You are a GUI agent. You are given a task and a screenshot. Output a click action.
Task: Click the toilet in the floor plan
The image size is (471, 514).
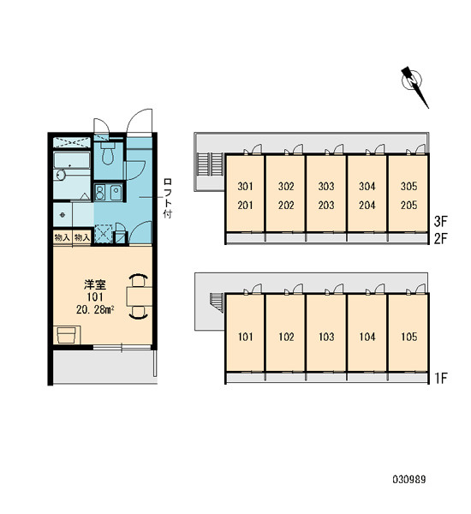point(107,153)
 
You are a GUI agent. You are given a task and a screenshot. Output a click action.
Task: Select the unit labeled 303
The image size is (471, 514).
point(326,187)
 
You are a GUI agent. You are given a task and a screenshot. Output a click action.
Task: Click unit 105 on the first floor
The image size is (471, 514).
point(409,337)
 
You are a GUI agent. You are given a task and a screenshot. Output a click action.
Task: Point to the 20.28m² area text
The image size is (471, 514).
point(95,309)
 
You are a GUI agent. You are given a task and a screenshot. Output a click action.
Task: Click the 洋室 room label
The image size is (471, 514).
point(95,284)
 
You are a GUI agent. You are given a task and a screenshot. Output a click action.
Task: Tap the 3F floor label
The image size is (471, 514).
point(441,222)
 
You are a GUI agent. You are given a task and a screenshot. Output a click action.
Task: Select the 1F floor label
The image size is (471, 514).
point(441,379)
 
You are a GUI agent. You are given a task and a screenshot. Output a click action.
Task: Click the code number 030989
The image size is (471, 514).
point(409,480)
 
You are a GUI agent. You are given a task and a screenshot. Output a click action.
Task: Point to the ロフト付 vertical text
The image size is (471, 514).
point(168,199)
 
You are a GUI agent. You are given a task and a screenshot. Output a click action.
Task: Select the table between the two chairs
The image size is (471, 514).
point(140,296)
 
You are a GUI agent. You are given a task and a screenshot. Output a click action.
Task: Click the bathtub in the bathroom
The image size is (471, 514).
point(72,160)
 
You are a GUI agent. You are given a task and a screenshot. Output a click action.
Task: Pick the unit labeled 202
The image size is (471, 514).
point(286,206)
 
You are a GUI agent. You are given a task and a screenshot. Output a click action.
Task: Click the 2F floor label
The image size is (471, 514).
point(441,239)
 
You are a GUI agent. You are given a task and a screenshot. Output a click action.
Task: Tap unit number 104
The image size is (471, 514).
point(367,337)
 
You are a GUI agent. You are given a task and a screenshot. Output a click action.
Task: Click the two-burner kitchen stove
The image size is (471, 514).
point(99,192)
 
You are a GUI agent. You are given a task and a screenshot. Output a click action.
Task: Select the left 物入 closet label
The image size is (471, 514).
point(63,237)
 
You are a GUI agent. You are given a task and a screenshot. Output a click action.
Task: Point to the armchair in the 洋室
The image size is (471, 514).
point(68,335)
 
